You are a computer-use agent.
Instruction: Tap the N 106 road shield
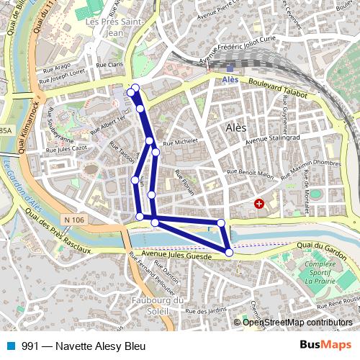coord(73,220)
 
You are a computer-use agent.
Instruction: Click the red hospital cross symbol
coord(259,204)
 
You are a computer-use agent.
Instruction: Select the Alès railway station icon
coord(230,69)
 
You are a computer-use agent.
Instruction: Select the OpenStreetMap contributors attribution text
coord(297,323)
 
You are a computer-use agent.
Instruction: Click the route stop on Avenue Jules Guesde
coord(229,252)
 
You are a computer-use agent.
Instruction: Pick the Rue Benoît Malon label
coord(249,173)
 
